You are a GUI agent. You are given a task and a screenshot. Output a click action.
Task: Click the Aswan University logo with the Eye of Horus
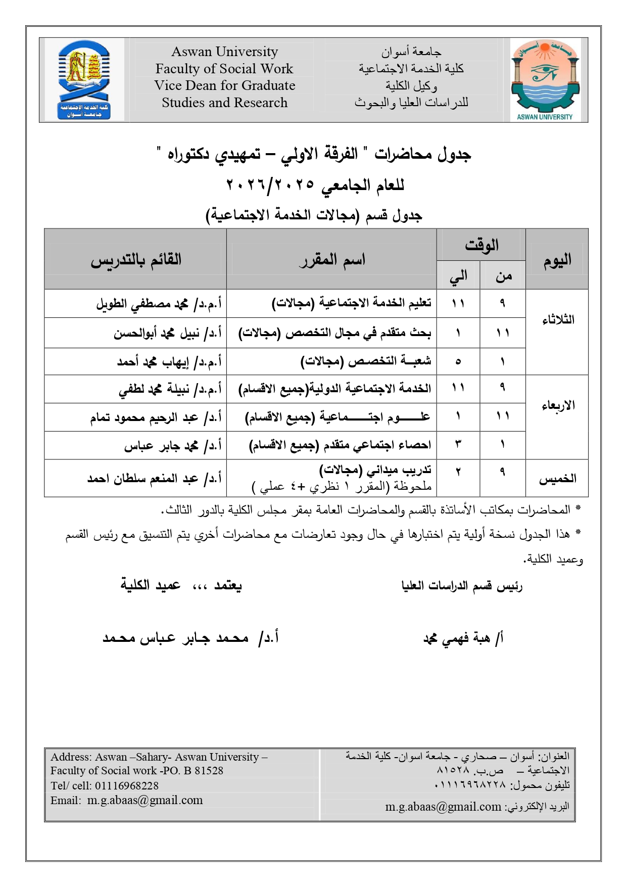[544, 79]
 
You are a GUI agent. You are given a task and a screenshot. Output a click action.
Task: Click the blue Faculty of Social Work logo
[84, 79]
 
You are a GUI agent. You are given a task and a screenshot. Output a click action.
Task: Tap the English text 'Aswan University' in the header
[224, 52]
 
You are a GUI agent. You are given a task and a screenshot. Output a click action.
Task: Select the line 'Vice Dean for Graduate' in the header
[224, 85]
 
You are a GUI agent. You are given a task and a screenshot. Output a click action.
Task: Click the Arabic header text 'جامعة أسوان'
[411, 52]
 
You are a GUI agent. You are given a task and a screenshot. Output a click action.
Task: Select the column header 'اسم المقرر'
[331, 260]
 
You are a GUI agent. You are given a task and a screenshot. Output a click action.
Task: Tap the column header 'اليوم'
[557, 260]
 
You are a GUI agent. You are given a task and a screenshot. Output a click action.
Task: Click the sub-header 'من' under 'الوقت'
[503, 276]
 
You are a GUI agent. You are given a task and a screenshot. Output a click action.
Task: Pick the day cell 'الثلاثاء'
[557, 320]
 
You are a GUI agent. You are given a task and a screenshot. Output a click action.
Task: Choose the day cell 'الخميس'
[557, 479]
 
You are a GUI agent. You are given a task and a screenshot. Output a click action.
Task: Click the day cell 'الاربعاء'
[557, 406]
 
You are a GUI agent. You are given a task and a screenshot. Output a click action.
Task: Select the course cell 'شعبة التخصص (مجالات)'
[366, 362]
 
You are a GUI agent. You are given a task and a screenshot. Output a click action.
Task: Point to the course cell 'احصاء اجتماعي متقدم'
[340, 445]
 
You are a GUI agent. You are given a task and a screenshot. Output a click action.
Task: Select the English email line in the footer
[126, 801]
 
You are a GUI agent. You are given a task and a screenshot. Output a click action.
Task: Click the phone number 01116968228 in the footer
[126, 786]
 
